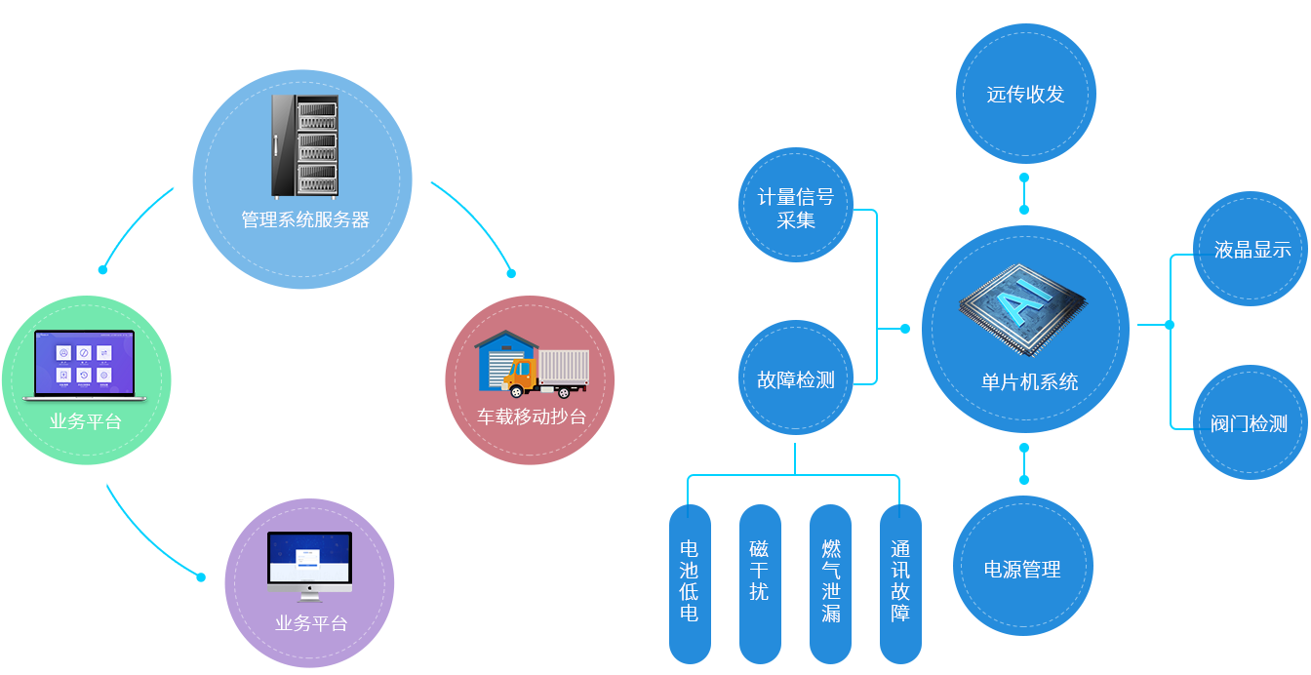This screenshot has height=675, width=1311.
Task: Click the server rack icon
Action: pos(303,146)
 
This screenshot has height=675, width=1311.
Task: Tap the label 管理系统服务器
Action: pos(305,220)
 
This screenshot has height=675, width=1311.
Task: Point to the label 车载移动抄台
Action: pos(532,417)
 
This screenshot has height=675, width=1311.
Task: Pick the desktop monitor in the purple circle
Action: pos(309,566)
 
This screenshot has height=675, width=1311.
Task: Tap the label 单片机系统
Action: pos(1029,382)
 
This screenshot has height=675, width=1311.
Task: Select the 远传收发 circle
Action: pos(1024,95)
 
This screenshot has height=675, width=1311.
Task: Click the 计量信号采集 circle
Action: pos(796,208)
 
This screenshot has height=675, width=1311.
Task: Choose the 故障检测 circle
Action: pos(796,380)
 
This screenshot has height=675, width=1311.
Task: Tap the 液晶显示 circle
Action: pos(1251,250)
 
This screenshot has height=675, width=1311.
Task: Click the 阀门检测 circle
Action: pos(1250,424)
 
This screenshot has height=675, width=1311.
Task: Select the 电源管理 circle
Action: pos(1022,569)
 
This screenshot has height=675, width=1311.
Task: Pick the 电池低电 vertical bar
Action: pos(690,583)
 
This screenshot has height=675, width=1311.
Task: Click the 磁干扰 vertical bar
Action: pos(760,583)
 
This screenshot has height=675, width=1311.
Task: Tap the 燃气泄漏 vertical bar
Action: pos(830,583)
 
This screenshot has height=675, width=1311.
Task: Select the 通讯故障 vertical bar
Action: pos(900,583)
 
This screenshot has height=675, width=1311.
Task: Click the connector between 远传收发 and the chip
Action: pos(1023,193)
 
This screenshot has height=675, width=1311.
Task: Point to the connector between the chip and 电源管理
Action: pos(1023,463)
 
